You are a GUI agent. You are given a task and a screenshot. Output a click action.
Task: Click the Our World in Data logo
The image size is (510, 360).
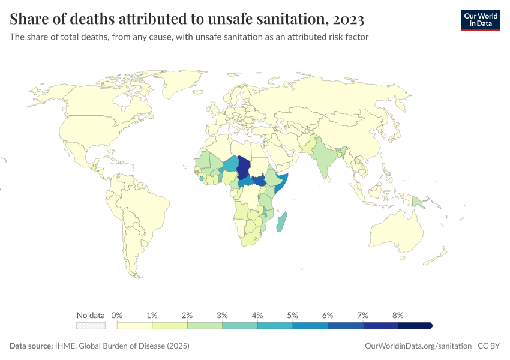point(480,19)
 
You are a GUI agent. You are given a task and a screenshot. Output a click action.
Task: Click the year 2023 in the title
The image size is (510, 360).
point(346,20)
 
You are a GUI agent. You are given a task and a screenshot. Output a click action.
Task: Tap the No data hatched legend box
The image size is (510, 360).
point(91,325)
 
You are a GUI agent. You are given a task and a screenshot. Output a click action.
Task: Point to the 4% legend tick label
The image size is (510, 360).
point(257,315)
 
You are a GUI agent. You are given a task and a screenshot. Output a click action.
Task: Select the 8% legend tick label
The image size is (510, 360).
point(397,315)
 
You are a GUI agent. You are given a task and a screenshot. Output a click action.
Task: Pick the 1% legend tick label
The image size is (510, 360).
point(152,315)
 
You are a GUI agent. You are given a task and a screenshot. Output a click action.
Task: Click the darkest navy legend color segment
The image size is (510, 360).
point(415,325)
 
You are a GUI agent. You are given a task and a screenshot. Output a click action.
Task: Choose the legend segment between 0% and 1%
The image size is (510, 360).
point(134,325)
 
